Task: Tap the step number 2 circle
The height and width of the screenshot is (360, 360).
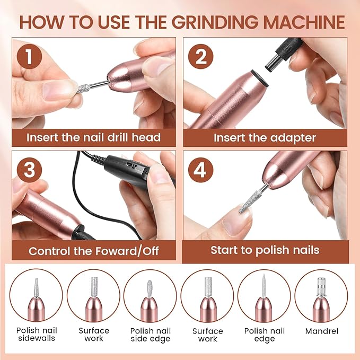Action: [x=204, y=57]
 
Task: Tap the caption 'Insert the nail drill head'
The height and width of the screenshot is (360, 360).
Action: [x=94, y=138]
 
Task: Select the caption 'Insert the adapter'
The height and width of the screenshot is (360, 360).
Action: [x=265, y=138]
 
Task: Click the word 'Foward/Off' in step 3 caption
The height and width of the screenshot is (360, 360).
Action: [x=127, y=251]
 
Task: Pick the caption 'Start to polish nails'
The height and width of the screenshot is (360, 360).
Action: [x=265, y=250]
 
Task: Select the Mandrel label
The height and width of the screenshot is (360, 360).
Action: [x=321, y=331]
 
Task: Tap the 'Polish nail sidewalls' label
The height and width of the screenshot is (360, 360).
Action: [x=36, y=335]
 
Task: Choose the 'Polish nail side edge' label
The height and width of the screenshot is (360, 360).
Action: [x=150, y=335]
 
